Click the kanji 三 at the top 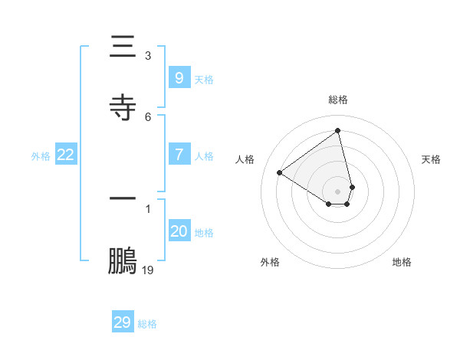pyautogui.click(x=123, y=47)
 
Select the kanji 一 pyautogui.click(x=123, y=198)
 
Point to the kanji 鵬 pyautogui.click(x=123, y=261)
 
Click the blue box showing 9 pyautogui.click(x=179, y=77)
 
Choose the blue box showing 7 pyautogui.click(x=179, y=154)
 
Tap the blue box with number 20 pyautogui.click(x=179, y=231)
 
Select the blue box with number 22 pyautogui.click(x=65, y=155)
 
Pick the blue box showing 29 pyautogui.click(x=122, y=322)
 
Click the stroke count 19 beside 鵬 pyautogui.click(x=148, y=270)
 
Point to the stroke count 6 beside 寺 pyautogui.click(x=148, y=116)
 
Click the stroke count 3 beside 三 pyautogui.click(x=148, y=55)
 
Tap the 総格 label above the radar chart pyautogui.click(x=338, y=100)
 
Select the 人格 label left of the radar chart pyautogui.click(x=245, y=159)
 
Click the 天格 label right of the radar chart pyautogui.click(x=431, y=159)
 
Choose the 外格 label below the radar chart pyautogui.click(x=270, y=262)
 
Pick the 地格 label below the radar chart pyautogui.click(x=402, y=262)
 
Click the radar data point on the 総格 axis pyautogui.click(x=338, y=130)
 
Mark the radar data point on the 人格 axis pyautogui.click(x=280, y=172)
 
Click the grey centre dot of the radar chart pyautogui.click(x=338, y=191)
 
